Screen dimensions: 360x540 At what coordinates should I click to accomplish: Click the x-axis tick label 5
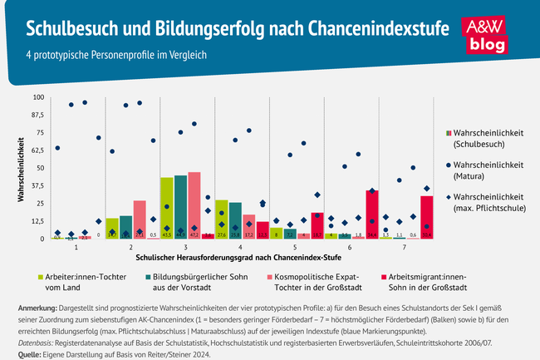click(x=296, y=247)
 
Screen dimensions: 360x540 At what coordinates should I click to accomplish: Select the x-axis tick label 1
click(x=76, y=247)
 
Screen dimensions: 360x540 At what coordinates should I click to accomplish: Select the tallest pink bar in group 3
click(x=194, y=205)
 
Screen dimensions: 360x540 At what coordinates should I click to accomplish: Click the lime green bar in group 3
click(x=167, y=208)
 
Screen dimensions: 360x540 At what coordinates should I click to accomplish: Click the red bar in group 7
click(x=427, y=217)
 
